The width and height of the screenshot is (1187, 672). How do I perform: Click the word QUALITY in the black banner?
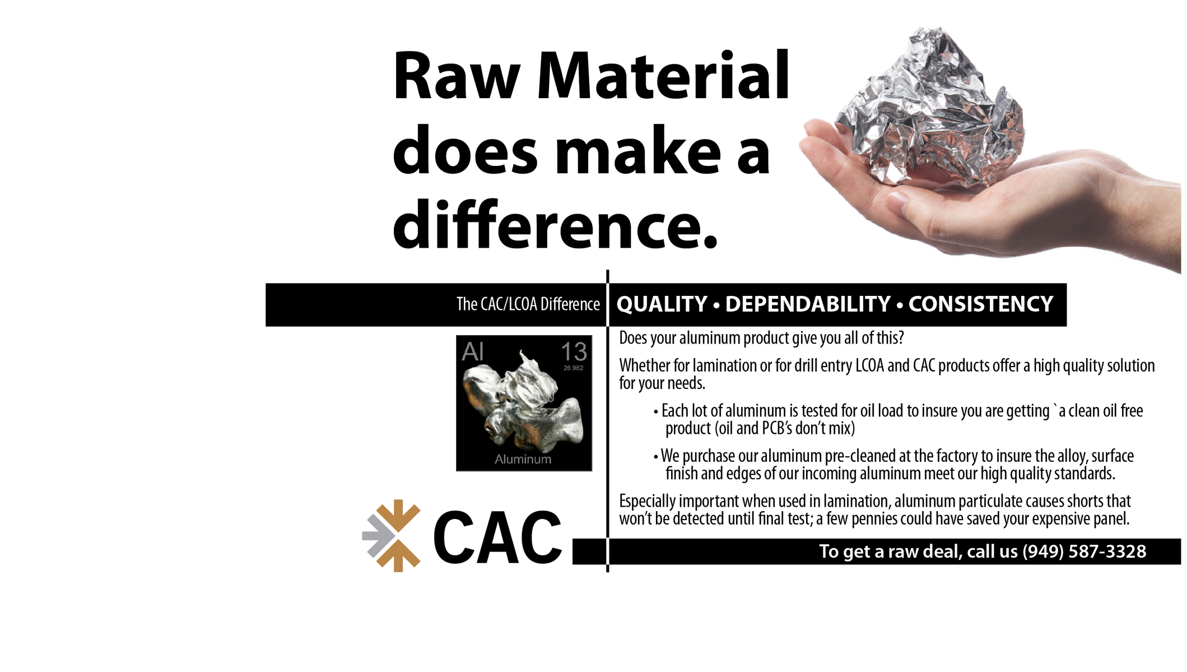click(x=662, y=304)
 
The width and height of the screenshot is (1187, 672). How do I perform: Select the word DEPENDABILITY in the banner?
click(x=808, y=304)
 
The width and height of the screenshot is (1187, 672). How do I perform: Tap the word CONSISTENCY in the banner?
click(x=981, y=304)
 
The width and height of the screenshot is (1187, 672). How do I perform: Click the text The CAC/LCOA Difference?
click(x=528, y=304)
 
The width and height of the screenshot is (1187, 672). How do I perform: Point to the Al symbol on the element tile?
click(x=472, y=352)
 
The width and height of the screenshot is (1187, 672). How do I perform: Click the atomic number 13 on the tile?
click(x=574, y=352)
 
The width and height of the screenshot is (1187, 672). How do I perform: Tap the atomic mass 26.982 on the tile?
click(x=573, y=368)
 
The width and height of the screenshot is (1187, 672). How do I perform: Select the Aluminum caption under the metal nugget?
click(x=523, y=459)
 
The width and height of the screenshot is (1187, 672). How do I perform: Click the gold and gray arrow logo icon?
click(x=392, y=536)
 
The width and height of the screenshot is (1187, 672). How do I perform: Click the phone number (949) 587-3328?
click(x=1084, y=551)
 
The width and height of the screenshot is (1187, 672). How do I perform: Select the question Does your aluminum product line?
click(x=761, y=338)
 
